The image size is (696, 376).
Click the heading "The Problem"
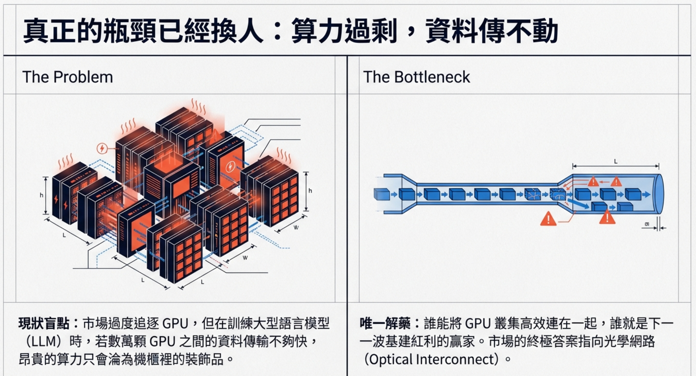point(67,77)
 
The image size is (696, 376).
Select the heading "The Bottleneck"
point(416,77)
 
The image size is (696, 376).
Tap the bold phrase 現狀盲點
point(44,324)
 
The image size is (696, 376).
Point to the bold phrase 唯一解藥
point(385,324)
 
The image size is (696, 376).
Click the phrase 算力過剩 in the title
point(344,31)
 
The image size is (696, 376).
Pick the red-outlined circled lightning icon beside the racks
point(102,148)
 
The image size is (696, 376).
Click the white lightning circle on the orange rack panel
point(230,167)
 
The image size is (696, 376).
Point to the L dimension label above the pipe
point(616,162)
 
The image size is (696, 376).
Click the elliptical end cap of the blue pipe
point(659,194)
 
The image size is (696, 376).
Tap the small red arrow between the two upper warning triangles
point(604,182)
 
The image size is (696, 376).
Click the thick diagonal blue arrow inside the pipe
point(578,204)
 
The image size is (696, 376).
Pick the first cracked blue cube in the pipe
point(532,194)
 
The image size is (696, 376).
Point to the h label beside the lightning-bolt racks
point(41,195)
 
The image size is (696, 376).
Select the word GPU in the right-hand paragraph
point(478,324)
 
